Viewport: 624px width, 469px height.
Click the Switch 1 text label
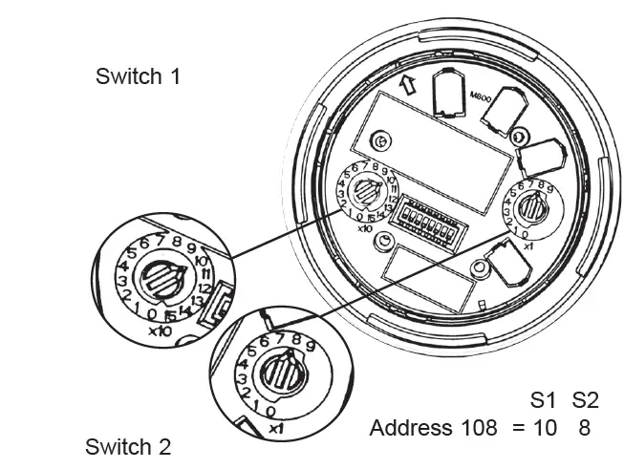tap(138, 76)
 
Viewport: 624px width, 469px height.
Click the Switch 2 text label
tap(128, 447)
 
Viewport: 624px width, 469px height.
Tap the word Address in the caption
tap(411, 428)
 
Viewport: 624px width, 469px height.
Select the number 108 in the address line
tap(478, 428)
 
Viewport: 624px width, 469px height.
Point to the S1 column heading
tap(545, 400)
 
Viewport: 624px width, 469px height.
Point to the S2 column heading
tap(585, 400)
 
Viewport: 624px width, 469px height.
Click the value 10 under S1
tap(546, 428)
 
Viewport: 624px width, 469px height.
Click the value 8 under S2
tap(584, 428)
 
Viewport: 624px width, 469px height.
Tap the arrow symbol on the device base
tap(408, 84)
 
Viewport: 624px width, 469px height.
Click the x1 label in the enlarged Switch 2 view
tap(277, 428)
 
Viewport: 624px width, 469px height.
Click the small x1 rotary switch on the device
tap(532, 207)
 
